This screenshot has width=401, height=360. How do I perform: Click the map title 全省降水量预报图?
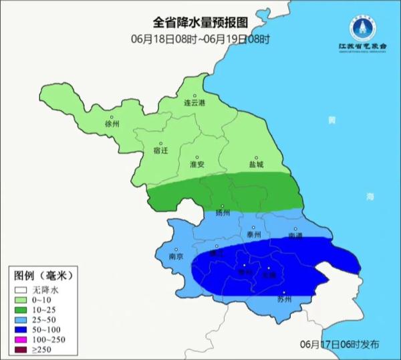click(200, 23)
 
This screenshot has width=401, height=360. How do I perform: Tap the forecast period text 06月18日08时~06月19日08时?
click(200, 39)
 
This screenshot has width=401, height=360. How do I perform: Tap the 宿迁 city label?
click(160, 151)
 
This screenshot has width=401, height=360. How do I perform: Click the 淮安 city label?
click(197, 164)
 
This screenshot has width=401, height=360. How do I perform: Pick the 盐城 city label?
click(256, 164)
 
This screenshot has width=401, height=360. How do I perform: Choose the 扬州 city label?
click(223, 213)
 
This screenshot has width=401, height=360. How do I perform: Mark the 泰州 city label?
click(253, 235)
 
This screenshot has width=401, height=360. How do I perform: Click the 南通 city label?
click(295, 236)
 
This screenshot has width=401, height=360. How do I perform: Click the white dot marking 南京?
click(176, 247)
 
